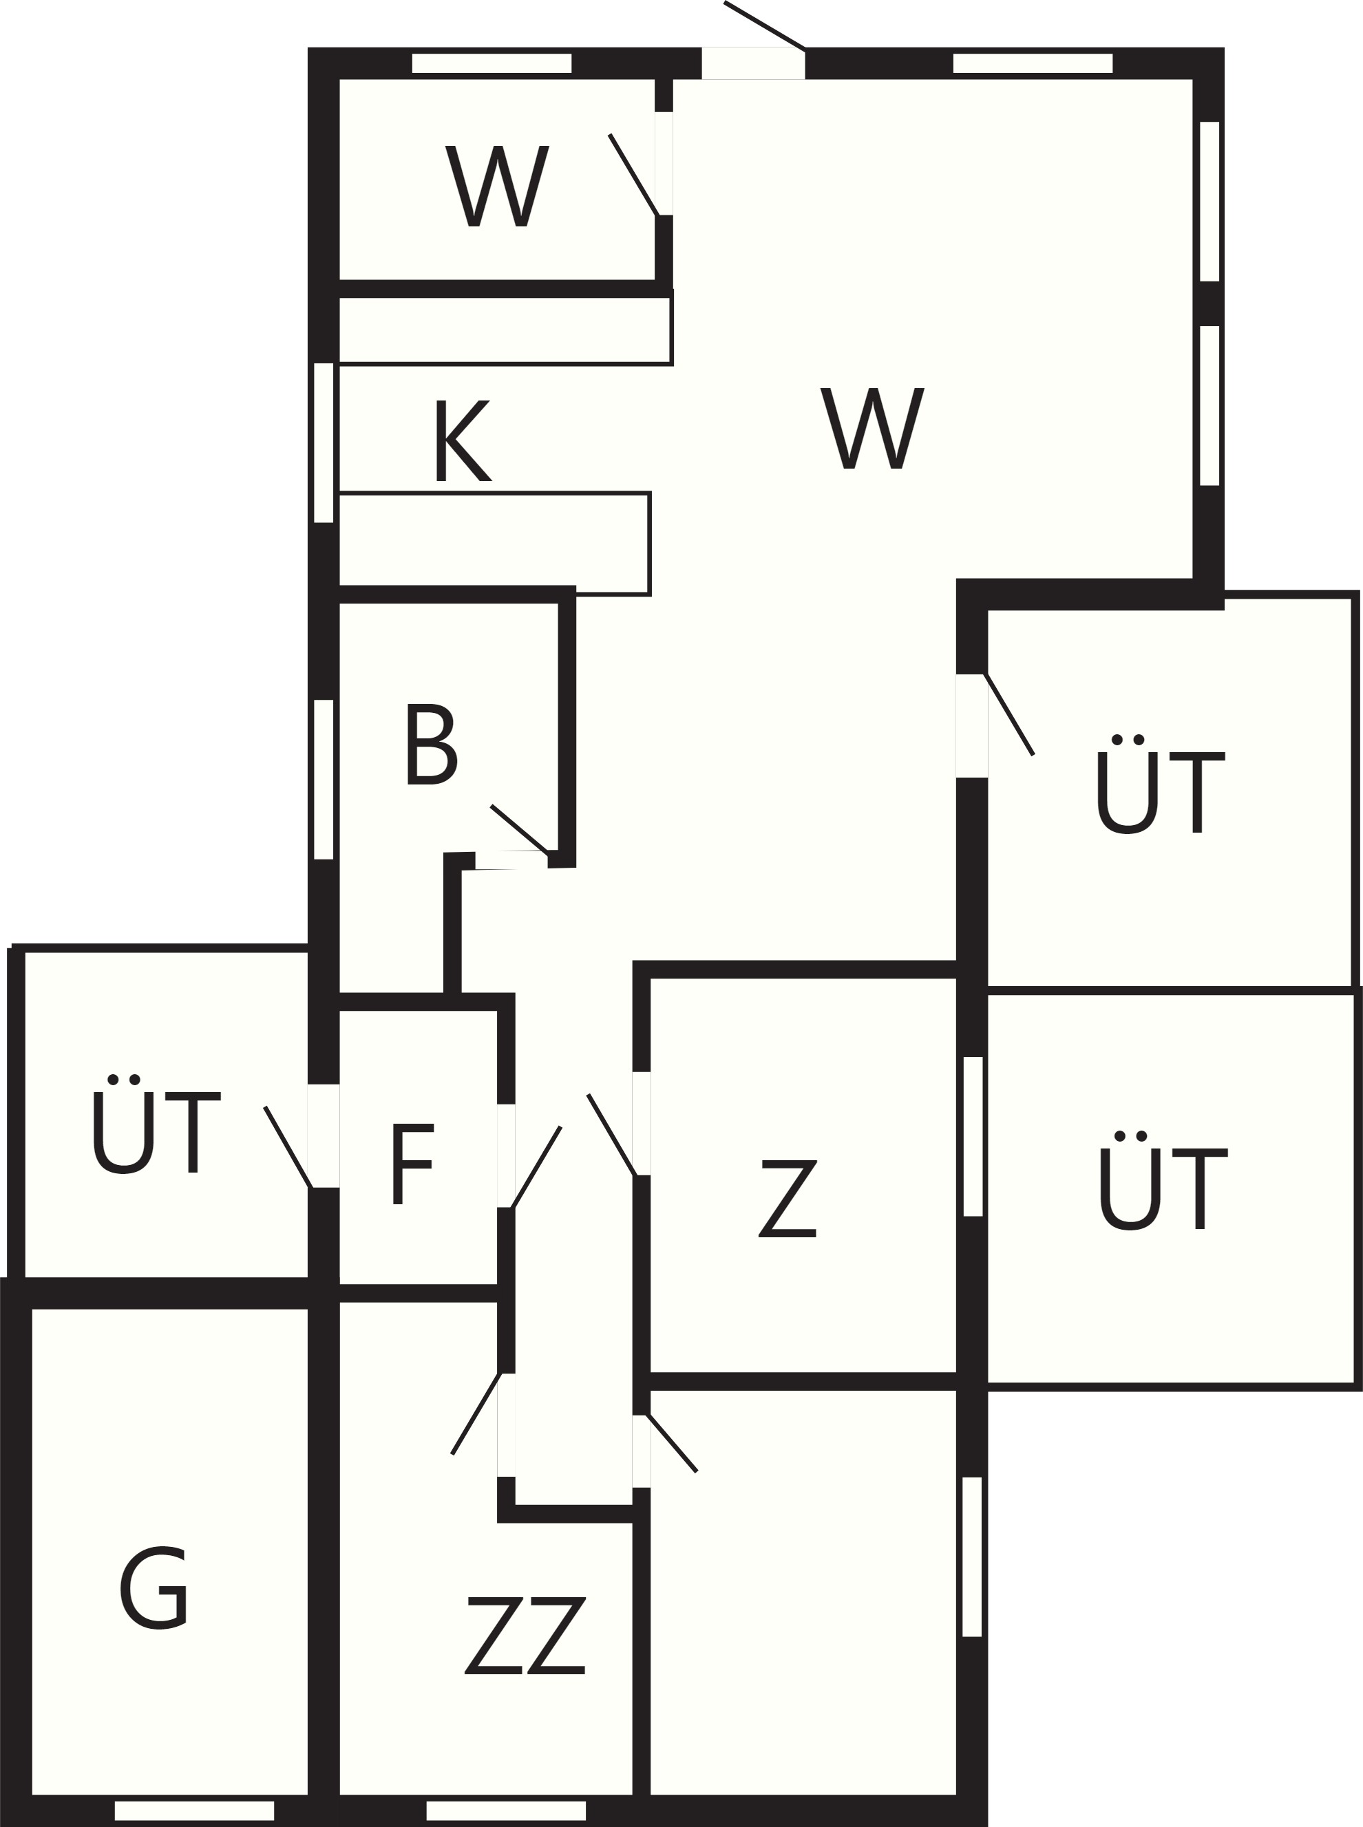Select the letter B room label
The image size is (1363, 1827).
431,744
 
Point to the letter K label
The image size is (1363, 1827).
463,440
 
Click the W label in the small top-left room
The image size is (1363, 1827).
498,186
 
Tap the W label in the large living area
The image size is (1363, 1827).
872,428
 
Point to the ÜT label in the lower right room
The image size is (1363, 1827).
1163,1179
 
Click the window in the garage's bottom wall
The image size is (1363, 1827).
194,1810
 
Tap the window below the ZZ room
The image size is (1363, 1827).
506,1810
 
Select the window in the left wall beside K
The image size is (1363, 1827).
324,442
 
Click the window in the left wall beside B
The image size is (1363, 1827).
324,780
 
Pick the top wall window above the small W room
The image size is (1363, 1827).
492,63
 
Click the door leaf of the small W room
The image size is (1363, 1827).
633,175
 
